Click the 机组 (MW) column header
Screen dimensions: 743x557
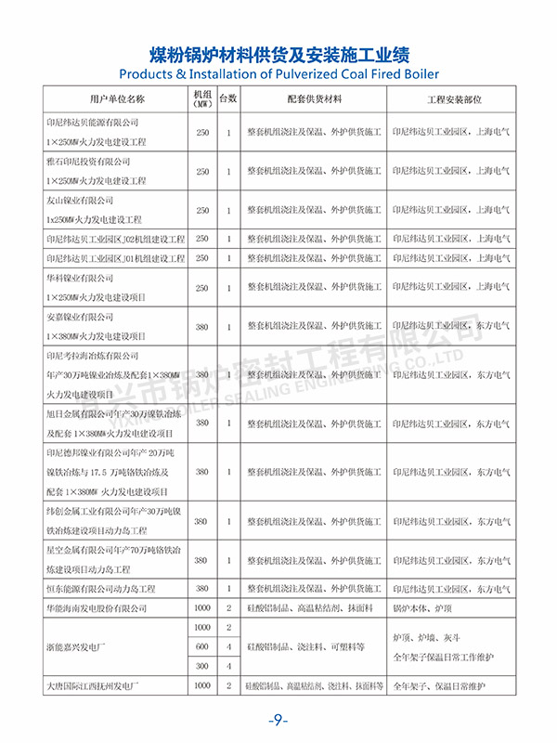[x=201, y=98]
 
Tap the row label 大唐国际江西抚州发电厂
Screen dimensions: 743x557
[x=102, y=685]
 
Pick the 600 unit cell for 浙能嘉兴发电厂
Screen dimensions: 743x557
[x=201, y=646]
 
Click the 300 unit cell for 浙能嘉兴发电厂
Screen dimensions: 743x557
[x=201, y=666]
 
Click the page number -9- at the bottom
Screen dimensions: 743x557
[x=278, y=722]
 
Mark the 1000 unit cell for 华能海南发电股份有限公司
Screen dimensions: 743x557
[x=201, y=607]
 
